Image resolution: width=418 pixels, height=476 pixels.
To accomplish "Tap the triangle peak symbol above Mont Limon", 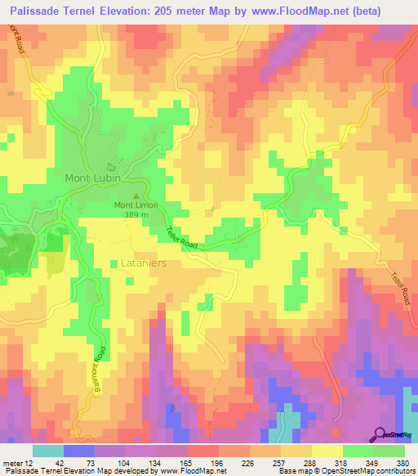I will pyautogui.click(x=136, y=195).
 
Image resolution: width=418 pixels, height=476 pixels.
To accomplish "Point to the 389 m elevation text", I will pyautogui.click(x=136, y=214).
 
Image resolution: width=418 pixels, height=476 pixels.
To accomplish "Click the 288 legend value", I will pyautogui.click(x=298, y=463).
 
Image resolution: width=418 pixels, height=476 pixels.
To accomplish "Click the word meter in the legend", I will pyautogui.click(x=11, y=463).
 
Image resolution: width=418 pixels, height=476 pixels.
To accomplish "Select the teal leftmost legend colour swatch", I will pyautogui.click(x=48, y=451).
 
